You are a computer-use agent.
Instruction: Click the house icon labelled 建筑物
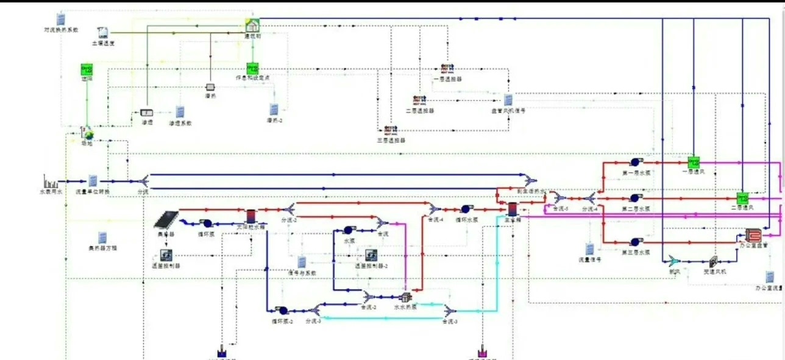click(x=252, y=26)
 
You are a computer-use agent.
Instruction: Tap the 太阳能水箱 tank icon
click(x=250, y=216)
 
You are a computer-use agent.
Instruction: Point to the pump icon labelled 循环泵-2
click(x=282, y=311)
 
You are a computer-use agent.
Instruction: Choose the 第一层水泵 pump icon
click(x=634, y=163)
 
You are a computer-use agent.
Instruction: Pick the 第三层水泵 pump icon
click(x=634, y=242)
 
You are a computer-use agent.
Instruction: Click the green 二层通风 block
click(x=742, y=199)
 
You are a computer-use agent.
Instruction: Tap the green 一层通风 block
click(x=694, y=163)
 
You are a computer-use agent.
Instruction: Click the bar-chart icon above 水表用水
click(x=51, y=182)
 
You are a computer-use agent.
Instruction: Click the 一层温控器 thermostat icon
click(x=447, y=69)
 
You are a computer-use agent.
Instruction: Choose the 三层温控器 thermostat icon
click(x=390, y=130)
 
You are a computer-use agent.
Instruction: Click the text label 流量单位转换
click(x=93, y=192)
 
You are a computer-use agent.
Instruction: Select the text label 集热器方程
click(x=103, y=249)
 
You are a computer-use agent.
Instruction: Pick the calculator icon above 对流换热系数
click(x=61, y=19)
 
